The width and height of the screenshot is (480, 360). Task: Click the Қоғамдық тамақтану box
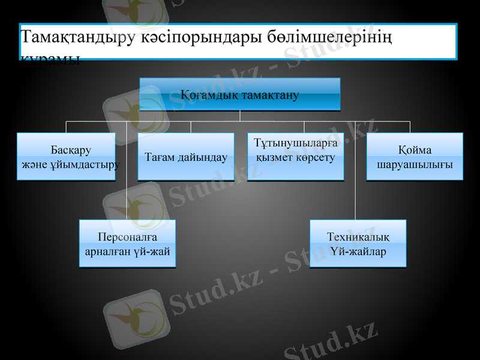tap(240, 94)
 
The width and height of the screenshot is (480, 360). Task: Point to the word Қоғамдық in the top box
tap(207, 95)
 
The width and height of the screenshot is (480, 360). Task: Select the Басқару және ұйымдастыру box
tap(67, 157)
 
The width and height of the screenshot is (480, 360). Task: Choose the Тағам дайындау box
tap(186, 157)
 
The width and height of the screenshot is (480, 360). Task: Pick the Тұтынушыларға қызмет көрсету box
tap(296, 157)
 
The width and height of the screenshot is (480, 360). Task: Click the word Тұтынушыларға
tap(296, 144)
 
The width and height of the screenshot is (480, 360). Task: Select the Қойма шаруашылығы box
tap(415, 157)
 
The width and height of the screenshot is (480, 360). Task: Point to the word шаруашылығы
tap(415, 164)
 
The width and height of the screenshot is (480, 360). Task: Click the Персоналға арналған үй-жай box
tap(128, 243)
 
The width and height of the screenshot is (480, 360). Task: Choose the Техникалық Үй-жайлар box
tap(358, 243)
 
